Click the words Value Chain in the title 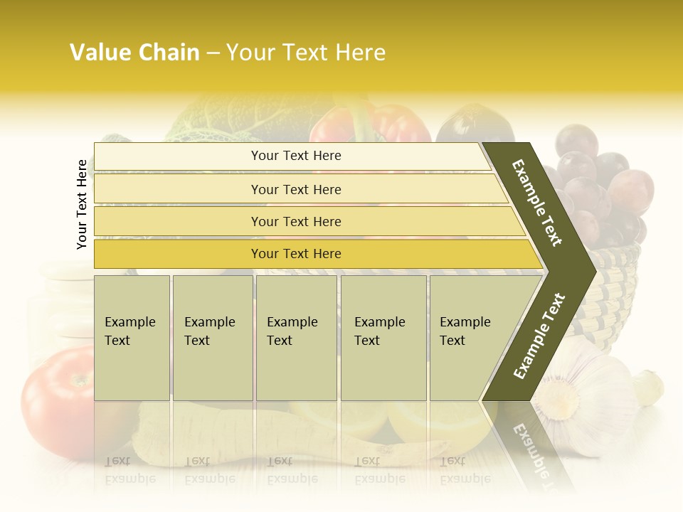134,53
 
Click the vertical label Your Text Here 82,204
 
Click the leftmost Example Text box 132,337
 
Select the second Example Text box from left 212,337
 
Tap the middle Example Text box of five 296,337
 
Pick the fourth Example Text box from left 383,337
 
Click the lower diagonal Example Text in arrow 539,336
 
